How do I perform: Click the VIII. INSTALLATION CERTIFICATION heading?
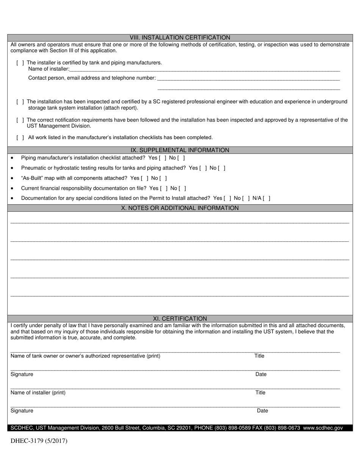point(180,38)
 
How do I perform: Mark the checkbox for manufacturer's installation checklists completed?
point(20,138)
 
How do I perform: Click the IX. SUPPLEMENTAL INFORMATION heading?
point(180,150)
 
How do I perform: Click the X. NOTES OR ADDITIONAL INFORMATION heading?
point(180,208)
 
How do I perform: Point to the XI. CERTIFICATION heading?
point(180,319)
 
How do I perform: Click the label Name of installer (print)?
point(38,393)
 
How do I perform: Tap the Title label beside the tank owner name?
point(259,356)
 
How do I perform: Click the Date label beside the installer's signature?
point(262,411)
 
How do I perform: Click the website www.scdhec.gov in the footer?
point(323,428)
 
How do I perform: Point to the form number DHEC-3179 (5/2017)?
point(39,441)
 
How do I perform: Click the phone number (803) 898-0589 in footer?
point(238,428)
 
